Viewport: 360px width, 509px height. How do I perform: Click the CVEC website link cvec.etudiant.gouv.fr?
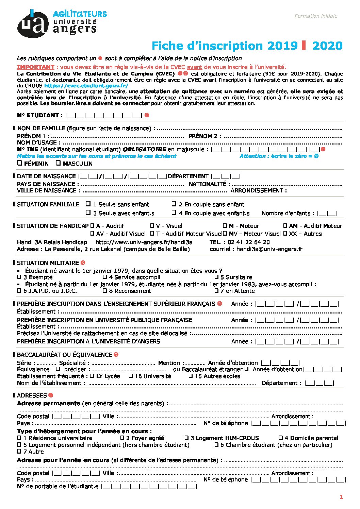[x=86, y=86]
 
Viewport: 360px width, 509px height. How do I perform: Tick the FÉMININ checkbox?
[x=19, y=163]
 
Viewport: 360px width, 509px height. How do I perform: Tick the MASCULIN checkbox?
[x=58, y=163]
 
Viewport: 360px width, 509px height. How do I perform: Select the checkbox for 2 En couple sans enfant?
[x=174, y=204]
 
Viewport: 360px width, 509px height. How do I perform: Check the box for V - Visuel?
[x=152, y=226]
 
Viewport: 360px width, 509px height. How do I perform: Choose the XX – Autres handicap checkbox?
[x=285, y=234]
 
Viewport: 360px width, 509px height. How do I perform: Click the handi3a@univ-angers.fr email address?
[x=269, y=249]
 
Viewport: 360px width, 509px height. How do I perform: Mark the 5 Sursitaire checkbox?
[x=216, y=277]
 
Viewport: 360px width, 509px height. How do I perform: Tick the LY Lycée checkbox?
[x=92, y=376]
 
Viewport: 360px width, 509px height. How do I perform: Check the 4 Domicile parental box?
[x=281, y=438]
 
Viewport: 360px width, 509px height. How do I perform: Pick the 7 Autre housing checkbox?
[x=19, y=452]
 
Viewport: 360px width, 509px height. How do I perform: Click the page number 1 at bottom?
[x=341, y=497]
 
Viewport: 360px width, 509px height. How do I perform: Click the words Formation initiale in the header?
[x=316, y=16]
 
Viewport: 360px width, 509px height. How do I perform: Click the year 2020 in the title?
[x=327, y=46]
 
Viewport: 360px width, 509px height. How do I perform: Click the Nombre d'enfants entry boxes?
[x=327, y=214]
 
